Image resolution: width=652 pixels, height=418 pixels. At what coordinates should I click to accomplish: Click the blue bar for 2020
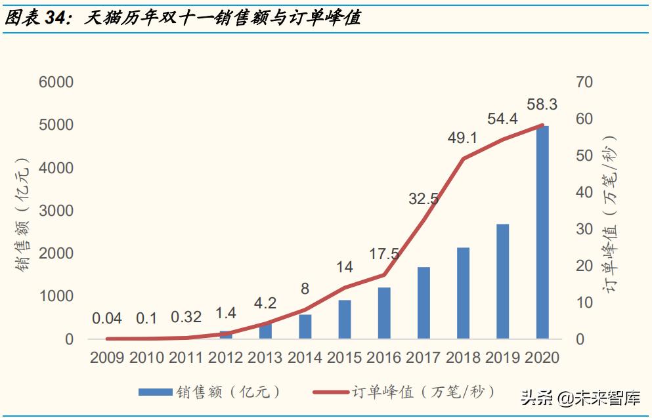click(542, 232)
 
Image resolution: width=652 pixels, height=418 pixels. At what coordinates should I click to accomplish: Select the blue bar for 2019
click(502, 282)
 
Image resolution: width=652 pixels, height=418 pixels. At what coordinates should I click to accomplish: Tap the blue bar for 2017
click(424, 303)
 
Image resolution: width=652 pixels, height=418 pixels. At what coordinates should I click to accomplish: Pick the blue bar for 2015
click(345, 320)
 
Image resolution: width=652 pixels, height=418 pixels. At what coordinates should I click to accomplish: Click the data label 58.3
click(542, 104)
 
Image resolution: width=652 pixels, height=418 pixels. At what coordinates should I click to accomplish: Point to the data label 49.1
click(463, 138)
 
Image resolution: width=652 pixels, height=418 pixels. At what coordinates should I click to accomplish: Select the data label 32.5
click(424, 198)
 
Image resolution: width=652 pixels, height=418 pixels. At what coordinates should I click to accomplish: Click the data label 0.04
click(107, 318)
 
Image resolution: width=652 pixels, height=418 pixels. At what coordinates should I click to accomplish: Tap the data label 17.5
click(384, 254)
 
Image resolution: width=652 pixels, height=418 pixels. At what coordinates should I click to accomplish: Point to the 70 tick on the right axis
click(584, 83)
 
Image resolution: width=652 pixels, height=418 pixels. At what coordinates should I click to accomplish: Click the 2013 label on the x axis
click(265, 358)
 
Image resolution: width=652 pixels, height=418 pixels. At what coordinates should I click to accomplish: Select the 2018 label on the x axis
click(463, 358)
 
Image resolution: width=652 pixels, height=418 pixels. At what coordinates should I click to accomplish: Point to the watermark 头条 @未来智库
click(580, 397)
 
